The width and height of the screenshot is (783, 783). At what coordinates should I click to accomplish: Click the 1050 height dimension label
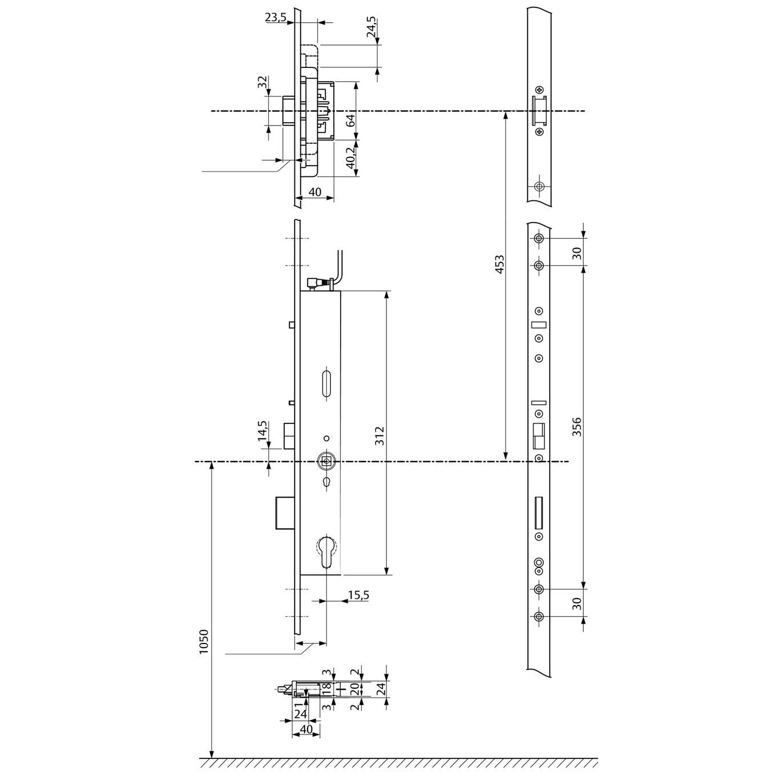coord(204,641)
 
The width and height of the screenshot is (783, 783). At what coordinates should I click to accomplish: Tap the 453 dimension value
coord(500,264)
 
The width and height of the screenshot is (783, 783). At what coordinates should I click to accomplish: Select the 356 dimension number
coord(577,427)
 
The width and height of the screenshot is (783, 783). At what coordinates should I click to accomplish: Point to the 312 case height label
coord(380,435)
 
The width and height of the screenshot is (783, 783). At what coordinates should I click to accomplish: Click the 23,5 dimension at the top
coord(276,17)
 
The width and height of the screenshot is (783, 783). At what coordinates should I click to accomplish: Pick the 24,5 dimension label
coord(371,27)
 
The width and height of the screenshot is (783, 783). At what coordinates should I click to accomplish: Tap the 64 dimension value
coord(350,120)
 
